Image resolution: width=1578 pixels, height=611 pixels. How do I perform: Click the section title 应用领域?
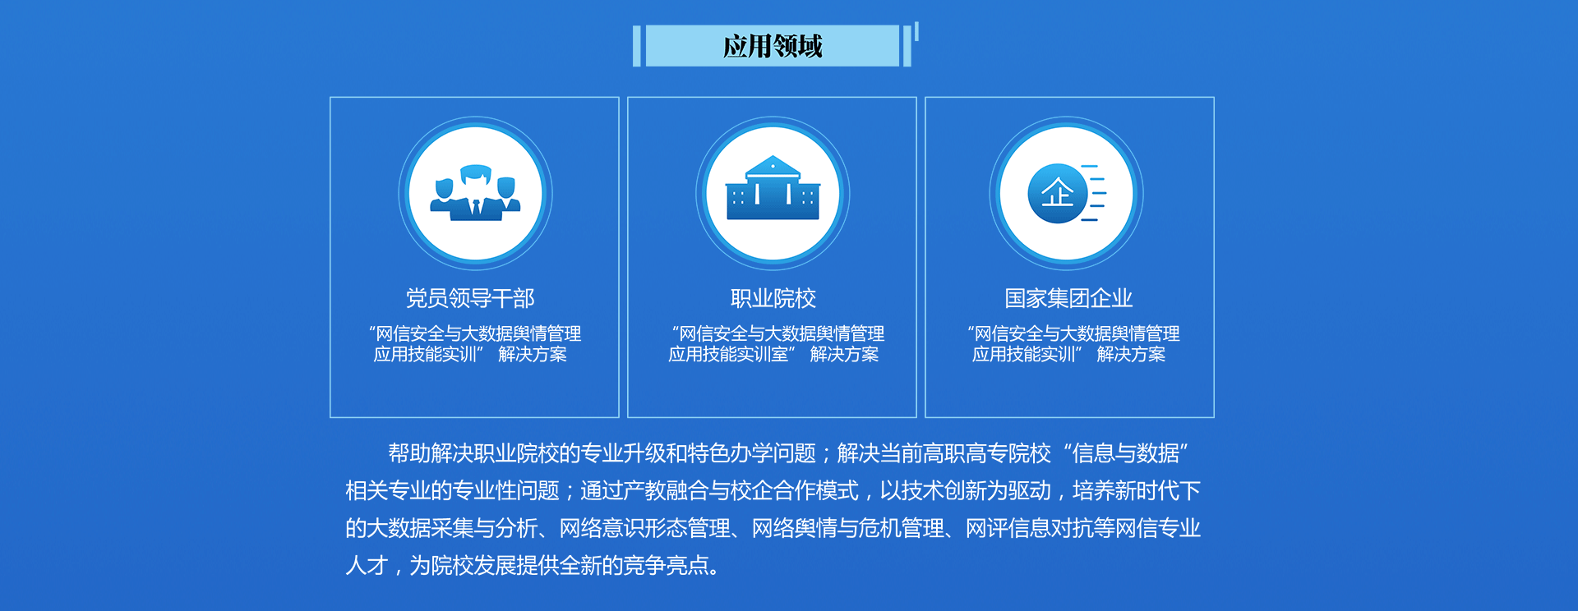[x=773, y=46]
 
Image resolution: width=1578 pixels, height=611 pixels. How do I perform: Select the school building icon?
[x=773, y=189]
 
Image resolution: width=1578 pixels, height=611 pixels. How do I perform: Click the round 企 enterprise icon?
[x=1058, y=194]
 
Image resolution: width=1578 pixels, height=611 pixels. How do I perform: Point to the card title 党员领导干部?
[x=470, y=298]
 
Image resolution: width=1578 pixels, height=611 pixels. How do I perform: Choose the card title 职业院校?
[x=773, y=298]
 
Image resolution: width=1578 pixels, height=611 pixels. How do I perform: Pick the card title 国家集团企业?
[x=1068, y=298]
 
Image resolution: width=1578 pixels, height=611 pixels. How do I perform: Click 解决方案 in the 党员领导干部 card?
[x=533, y=354]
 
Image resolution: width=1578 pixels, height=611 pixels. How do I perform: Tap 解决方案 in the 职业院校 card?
[x=844, y=354]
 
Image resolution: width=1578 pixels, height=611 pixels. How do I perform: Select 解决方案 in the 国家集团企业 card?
[x=1131, y=354]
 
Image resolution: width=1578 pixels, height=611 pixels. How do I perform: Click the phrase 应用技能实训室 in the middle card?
[x=728, y=354]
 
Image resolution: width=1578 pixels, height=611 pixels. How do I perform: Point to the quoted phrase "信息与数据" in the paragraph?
[x=1126, y=453]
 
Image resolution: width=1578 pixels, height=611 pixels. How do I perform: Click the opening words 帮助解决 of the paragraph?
[x=430, y=453]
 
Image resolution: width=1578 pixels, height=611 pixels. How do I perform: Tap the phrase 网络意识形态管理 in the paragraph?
[x=645, y=528]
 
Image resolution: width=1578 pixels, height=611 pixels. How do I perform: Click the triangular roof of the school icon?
[x=773, y=165]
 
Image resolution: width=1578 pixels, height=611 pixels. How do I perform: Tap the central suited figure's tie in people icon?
[x=476, y=208]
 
